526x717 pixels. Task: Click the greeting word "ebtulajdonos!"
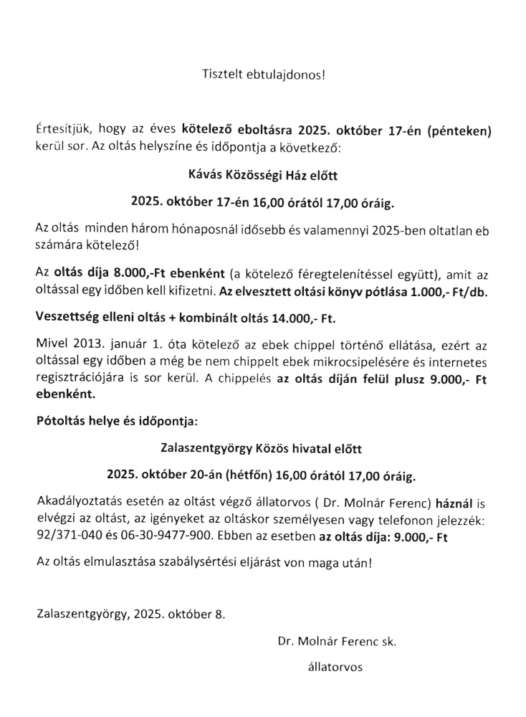click(x=292, y=74)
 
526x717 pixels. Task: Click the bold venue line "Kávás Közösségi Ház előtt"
click(x=262, y=176)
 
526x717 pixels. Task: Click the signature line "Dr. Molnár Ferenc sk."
click(x=338, y=642)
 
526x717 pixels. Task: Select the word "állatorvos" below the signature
click(x=335, y=667)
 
